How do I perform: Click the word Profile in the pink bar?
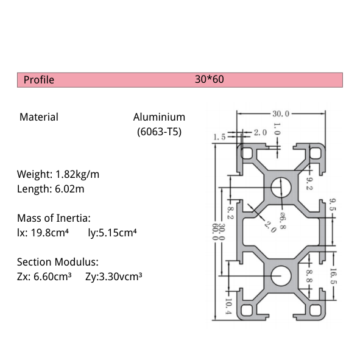pos(39,80)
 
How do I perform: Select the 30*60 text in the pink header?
pos(210,80)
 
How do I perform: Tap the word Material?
pos(39,117)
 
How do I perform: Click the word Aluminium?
pos(159,117)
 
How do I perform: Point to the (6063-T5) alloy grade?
pos(159,131)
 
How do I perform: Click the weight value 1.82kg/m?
pos(77,174)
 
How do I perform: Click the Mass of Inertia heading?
pos(54,217)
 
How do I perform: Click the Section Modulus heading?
pos(57,262)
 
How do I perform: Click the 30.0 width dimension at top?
pos(280,113)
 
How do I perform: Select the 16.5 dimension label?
pos(333,278)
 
